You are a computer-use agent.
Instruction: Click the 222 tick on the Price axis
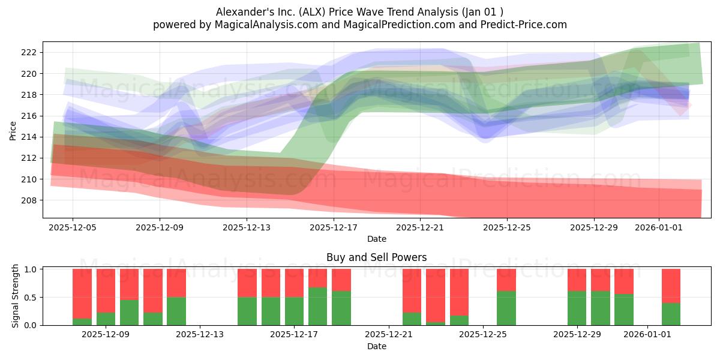29,52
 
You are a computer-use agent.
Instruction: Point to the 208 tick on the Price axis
29,200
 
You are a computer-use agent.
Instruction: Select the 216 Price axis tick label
29,116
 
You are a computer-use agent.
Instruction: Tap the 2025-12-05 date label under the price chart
73,227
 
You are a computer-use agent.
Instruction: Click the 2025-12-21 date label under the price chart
420,227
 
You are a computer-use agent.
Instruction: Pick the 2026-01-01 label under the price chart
659,227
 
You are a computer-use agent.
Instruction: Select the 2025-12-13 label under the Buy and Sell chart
200,334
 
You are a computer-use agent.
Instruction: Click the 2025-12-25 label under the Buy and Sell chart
483,334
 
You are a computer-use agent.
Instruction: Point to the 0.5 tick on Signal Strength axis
30,298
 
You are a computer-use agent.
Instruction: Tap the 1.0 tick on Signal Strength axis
30,269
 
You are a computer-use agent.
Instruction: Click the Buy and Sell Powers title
377,257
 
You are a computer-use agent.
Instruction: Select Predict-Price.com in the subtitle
524,25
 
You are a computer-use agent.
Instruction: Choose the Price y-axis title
13,131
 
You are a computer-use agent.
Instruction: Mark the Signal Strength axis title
15,296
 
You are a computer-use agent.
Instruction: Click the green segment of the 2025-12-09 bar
106,319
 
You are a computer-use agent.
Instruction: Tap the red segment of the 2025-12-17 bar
294,283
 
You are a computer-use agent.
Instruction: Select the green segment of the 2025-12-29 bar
577,308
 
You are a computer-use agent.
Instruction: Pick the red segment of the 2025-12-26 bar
506,280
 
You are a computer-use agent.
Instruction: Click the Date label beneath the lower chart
377,346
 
